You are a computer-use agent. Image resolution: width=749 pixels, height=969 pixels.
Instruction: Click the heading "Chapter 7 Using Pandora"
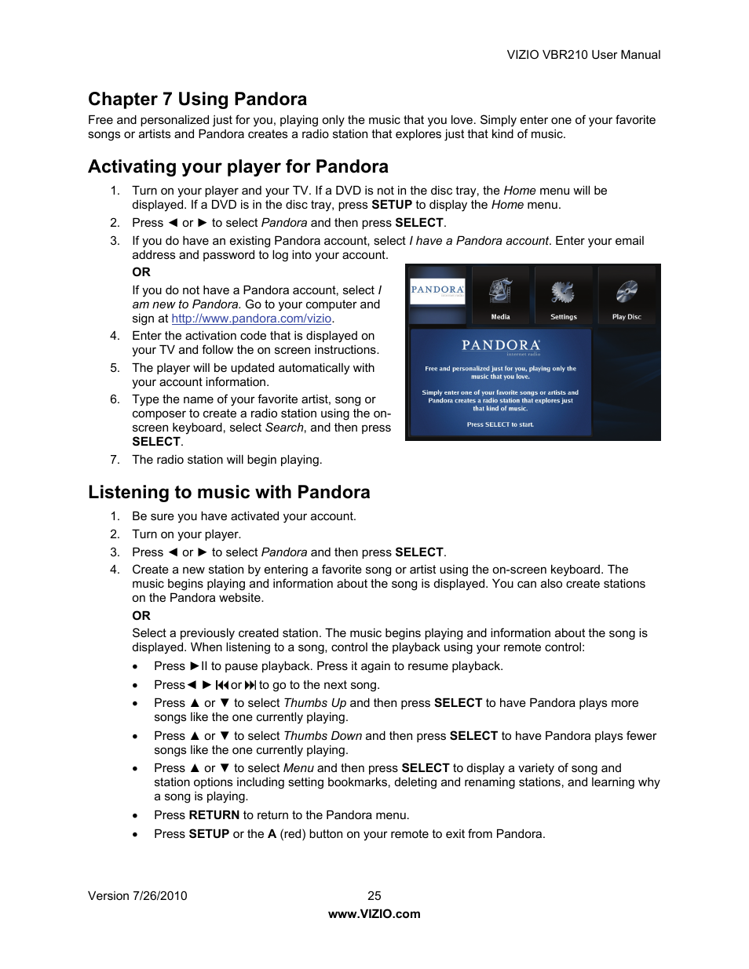pyautogui.click(x=197, y=99)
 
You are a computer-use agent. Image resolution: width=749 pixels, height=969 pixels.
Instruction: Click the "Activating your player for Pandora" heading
pyautogui.click(x=238, y=166)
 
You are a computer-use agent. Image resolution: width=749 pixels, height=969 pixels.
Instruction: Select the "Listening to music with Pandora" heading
pyautogui.click(x=228, y=492)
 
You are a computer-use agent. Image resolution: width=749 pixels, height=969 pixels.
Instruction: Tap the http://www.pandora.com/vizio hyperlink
pyautogui.click(x=251, y=319)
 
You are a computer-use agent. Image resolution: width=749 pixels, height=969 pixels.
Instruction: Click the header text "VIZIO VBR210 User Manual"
pyautogui.click(x=583, y=55)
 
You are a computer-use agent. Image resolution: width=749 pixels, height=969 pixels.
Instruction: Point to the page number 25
pyautogui.click(x=374, y=896)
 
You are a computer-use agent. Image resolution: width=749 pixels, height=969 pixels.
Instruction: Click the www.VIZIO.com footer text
pyautogui.click(x=374, y=914)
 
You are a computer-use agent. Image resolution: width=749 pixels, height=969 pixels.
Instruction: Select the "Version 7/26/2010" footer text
pyautogui.click(x=137, y=896)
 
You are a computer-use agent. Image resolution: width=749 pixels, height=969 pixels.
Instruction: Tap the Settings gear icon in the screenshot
pyautogui.click(x=563, y=292)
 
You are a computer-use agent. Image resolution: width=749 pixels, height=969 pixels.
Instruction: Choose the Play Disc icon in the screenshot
pyautogui.click(x=627, y=292)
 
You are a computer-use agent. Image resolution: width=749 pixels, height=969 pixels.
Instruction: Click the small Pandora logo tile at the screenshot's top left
pyautogui.click(x=437, y=291)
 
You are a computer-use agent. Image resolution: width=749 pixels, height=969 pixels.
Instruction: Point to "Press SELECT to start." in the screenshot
pyautogui.click(x=500, y=424)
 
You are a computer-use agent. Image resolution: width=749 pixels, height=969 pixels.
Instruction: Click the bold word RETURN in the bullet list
pyautogui.click(x=214, y=815)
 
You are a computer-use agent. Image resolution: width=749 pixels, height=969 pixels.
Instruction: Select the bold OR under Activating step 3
pyautogui.click(x=141, y=272)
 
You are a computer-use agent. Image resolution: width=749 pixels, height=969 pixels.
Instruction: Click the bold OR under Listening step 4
pyautogui.click(x=141, y=616)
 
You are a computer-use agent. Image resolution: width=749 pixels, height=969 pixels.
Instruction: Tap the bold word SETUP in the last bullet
pyautogui.click(x=209, y=834)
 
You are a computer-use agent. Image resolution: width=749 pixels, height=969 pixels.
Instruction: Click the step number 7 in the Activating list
pyautogui.click(x=115, y=460)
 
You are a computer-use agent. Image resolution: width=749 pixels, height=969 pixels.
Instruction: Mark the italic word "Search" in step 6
pyautogui.click(x=284, y=428)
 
